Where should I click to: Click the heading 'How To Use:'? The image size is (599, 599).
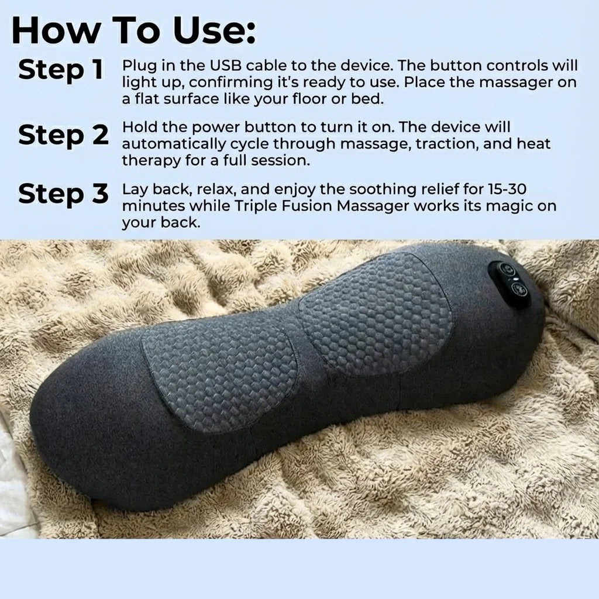tap(133, 30)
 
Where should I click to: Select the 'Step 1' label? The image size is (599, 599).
tap(61, 70)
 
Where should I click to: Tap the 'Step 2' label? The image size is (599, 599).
tap(63, 135)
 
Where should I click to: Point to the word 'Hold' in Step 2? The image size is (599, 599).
tap(140, 127)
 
